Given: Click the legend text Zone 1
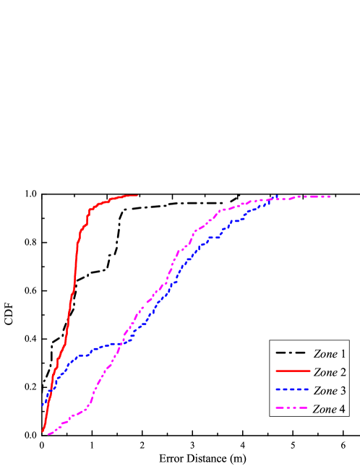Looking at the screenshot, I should (x=329, y=354).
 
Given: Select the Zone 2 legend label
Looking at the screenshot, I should (x=329, y=373).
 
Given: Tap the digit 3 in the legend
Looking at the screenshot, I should (x=342, y=391).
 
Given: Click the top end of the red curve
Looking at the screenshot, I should (x=137, y=195).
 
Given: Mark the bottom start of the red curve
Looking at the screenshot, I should (x=43, y=431).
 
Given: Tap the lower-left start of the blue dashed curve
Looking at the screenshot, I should (x=43, y=405).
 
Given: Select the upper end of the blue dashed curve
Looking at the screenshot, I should (x=278, y=196).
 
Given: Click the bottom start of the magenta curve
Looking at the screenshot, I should (x=48, y=434).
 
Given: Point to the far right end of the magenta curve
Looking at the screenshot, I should (x=330, y=196).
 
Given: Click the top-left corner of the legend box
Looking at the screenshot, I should (x=270, y=341).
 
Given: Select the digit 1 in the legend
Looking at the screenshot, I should (x=342, y=354).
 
